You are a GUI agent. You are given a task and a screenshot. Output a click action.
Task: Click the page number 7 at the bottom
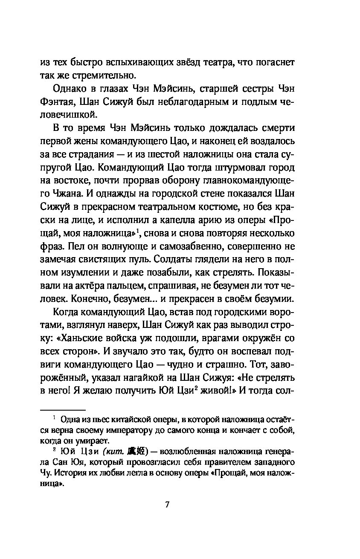click(167, 505)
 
